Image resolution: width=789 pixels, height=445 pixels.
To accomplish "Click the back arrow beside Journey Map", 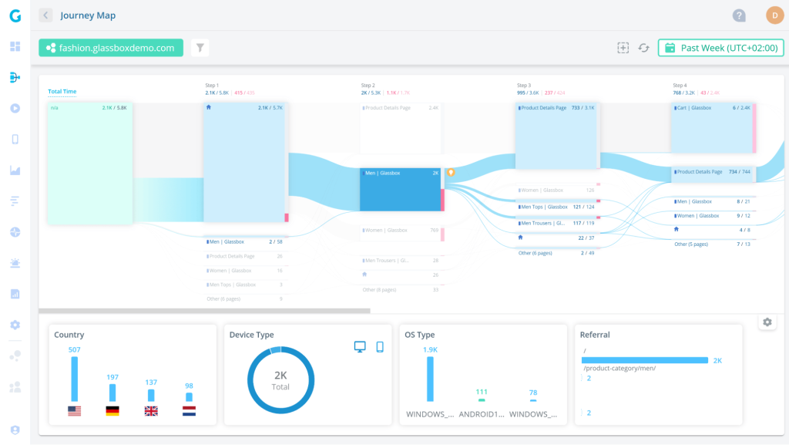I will click(x=45, y=15).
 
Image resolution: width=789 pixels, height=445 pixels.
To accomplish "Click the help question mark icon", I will click(x=739, y=15).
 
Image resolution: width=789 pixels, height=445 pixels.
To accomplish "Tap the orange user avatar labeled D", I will click(x=774, y=15).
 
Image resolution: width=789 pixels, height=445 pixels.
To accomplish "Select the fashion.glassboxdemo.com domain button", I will click(x=111, y=48).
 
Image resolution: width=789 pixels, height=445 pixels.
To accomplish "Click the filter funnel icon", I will click(x=200, y=48).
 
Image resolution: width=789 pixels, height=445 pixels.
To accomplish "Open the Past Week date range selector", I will click(x=720, y=48).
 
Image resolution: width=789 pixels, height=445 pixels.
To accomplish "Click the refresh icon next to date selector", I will click(x=643, y=48).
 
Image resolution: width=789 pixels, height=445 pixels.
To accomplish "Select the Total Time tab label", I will click(x=62, y=92).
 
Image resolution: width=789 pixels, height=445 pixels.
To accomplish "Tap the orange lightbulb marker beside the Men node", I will click(x=452, y=173).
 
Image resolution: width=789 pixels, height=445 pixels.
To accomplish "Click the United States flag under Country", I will click(x=74, y=411).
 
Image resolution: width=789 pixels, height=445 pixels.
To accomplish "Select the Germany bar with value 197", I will click(x=112, y=393).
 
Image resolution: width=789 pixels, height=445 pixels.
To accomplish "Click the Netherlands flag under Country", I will click(x=189, y=411).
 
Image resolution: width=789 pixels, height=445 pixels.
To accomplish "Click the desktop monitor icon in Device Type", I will click(x=360, y=347).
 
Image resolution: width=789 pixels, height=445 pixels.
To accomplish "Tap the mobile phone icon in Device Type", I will click(x=380, y=347).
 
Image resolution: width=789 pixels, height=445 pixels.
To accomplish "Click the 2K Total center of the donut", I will click(x=280, y=380).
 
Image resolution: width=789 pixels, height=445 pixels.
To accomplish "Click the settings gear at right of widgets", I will click(x=767, y=322).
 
